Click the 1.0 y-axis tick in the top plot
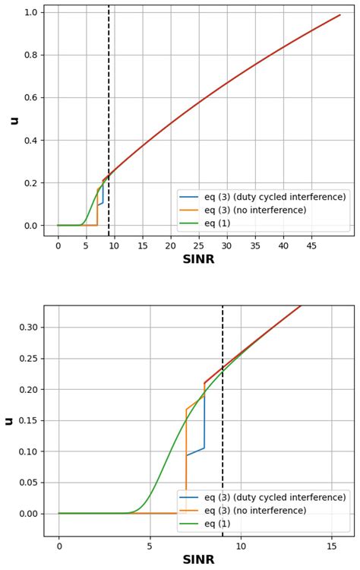pyautogui.click(x=30, y=12)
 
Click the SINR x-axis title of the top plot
pyautogui.click(x=199, y=259)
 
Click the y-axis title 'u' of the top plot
pyautogui.click(x=13, y=120)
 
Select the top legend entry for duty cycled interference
pyautogui.click(x=274, y=197)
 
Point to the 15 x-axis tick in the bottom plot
pyautogui.click(x=331, y=546)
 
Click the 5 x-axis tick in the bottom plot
pyautogui.click(x=150, y=546)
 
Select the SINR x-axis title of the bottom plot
pyautogui.click(x=199, y=560)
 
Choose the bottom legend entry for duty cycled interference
pyautogui.click(x=274, y=497)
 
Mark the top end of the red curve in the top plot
pyautogui.click(x=340, y=14)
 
